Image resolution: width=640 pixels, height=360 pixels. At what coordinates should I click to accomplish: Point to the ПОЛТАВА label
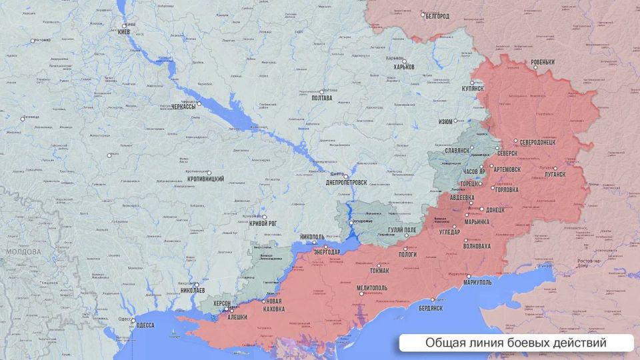pyautogui.click(x=321, y=98)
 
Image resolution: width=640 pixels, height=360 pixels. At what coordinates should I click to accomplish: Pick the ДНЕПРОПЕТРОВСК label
pyautogui.click(x=346, y=182)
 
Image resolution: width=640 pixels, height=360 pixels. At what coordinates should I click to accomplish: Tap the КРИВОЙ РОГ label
pyautogui.click(x=263, y=224)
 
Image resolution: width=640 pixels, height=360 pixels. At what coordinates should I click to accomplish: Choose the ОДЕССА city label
pyautogui.click(x=145, y=325)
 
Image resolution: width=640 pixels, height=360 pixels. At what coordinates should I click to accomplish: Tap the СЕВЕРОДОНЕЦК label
pyautogui.click(x=542, y=143)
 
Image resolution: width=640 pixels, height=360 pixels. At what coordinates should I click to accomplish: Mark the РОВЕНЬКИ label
pyautogui.click(x=543, y=62)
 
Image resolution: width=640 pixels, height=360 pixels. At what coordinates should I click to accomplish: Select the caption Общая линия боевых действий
pyautogui.click(x=516, y=343)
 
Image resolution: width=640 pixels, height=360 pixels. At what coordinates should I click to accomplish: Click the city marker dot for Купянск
pyautogui.click(x=473, y=83)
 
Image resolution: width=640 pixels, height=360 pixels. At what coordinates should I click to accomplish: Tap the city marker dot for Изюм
pyautogui.click(x=457, y=121)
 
